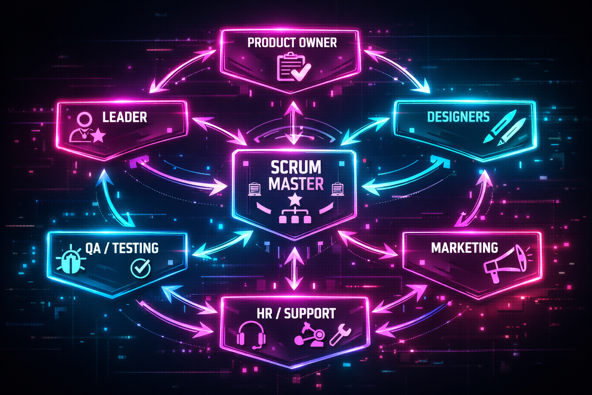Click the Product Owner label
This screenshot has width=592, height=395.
292,42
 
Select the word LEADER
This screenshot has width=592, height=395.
124,117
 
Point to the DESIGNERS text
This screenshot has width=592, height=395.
458,117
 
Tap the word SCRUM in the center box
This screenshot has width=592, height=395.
296,167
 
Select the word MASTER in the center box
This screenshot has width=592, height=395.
296,184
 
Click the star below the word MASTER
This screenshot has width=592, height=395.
295,199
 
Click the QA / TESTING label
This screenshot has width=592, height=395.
122,248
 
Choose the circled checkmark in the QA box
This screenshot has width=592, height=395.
140,267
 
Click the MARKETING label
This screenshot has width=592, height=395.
464,248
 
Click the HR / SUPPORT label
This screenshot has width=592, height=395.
296,314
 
